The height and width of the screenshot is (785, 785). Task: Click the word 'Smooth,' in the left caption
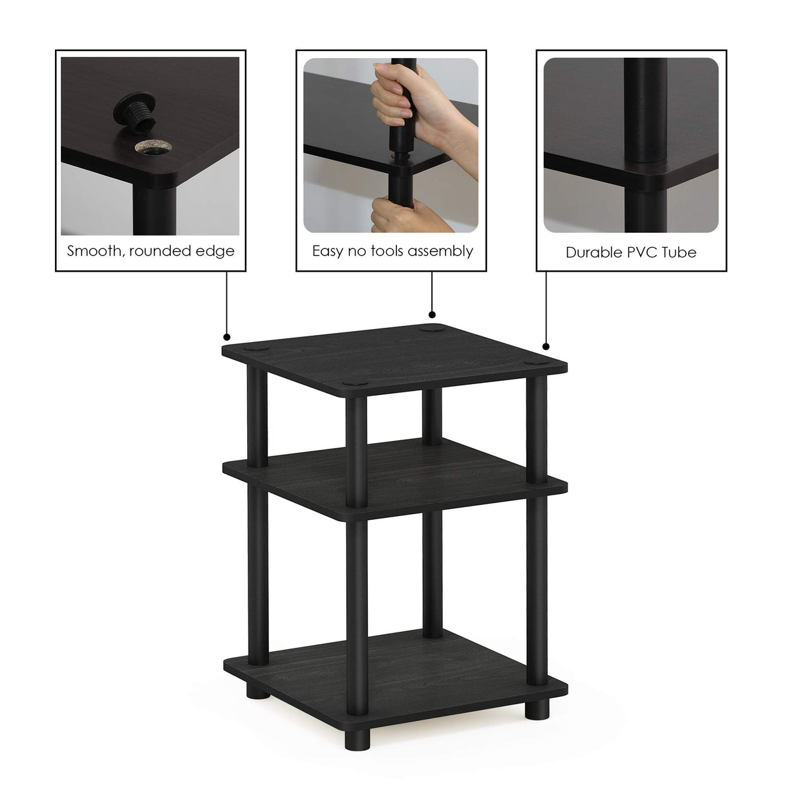point(94,252)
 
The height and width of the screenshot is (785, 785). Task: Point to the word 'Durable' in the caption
point(593,252)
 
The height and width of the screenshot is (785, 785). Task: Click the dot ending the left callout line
point(227,337)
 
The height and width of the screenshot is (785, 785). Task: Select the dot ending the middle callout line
point(431,315)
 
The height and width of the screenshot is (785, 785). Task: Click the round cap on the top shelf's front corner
point(353,384)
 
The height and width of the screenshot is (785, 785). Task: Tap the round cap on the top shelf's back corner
point(429,329)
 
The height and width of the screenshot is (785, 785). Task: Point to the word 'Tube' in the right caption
point(680,252)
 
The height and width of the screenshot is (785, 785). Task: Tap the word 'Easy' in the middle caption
point(328,252)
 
